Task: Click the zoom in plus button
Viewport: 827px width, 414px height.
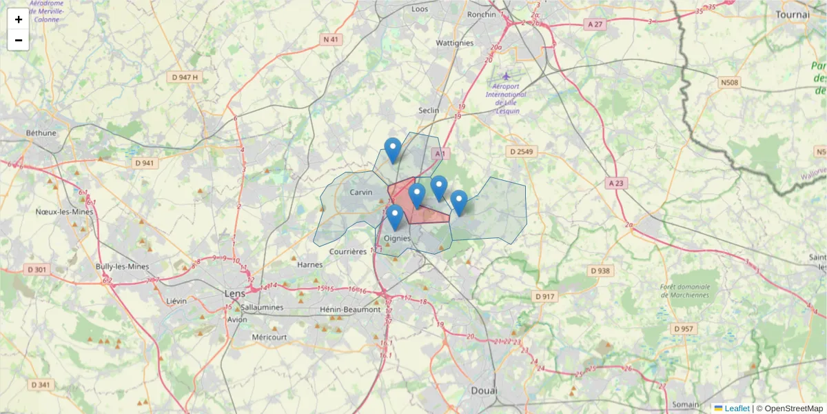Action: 18,19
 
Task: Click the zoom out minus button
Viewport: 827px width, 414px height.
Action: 18,40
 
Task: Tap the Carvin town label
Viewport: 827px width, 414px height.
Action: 360,193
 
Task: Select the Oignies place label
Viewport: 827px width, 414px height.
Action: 397,239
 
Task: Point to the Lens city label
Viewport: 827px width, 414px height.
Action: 235,293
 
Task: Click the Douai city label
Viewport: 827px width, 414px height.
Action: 484,391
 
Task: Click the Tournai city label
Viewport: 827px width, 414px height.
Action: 792,14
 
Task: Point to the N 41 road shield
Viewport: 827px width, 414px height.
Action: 331,39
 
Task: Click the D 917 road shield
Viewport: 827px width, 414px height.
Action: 544,296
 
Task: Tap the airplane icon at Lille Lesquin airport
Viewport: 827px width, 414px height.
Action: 507,75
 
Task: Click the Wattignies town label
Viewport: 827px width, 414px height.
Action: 455,43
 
